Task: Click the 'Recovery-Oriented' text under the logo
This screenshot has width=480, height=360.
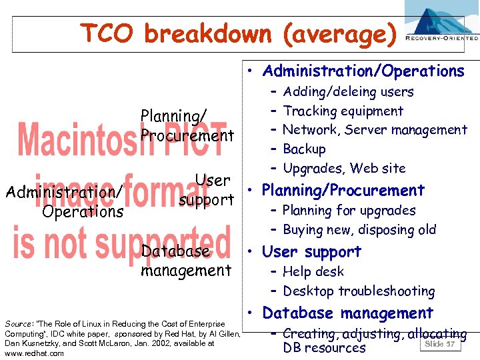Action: (x=442, y=39)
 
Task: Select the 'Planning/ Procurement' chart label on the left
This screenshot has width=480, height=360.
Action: (x=187, y=126)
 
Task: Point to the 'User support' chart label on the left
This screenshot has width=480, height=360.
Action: (x=207, y=190)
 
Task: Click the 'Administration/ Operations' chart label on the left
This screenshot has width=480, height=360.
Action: (x=63, y=202)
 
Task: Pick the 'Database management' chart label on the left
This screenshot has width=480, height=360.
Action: (x=186, y=261)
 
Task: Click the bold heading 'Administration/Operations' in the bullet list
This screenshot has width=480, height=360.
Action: (x=363, y=71)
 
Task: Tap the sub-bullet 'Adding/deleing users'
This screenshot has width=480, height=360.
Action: (x=348, y=92)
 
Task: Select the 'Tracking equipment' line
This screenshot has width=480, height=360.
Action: (x=343, y=111)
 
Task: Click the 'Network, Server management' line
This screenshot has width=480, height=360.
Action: (x=375, y=130)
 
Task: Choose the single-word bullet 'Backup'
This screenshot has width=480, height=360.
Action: (x=304, y=149)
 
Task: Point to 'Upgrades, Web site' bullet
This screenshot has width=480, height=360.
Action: (x=344, y=168)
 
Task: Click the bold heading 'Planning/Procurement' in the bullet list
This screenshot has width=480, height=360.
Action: (x=343, y=191)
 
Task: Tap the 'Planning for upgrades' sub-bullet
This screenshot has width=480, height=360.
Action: (x=349, y=211)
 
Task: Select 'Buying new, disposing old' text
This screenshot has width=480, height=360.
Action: (x=359, y=230)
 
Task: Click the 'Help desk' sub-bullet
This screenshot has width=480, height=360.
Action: (x=313, y=272)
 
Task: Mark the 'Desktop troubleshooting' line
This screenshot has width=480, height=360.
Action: (x=359, y=291)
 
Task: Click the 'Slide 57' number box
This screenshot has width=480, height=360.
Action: (x=439, y=343)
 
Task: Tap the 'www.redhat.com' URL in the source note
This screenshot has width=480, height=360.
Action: (x=34, y=353)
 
